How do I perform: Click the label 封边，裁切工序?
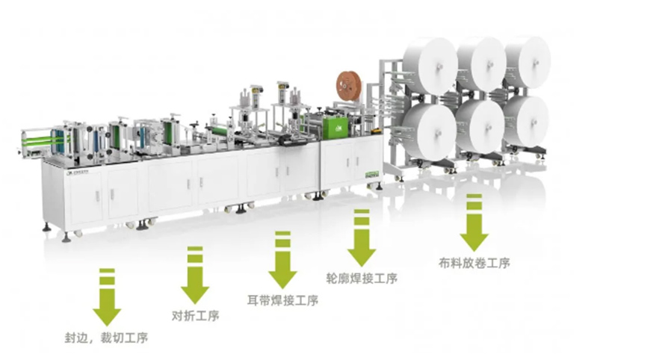105,338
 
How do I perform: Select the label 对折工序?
195,314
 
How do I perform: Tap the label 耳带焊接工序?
282,300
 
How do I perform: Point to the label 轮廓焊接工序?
362,278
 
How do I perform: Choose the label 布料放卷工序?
474,262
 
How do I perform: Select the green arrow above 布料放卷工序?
474,223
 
